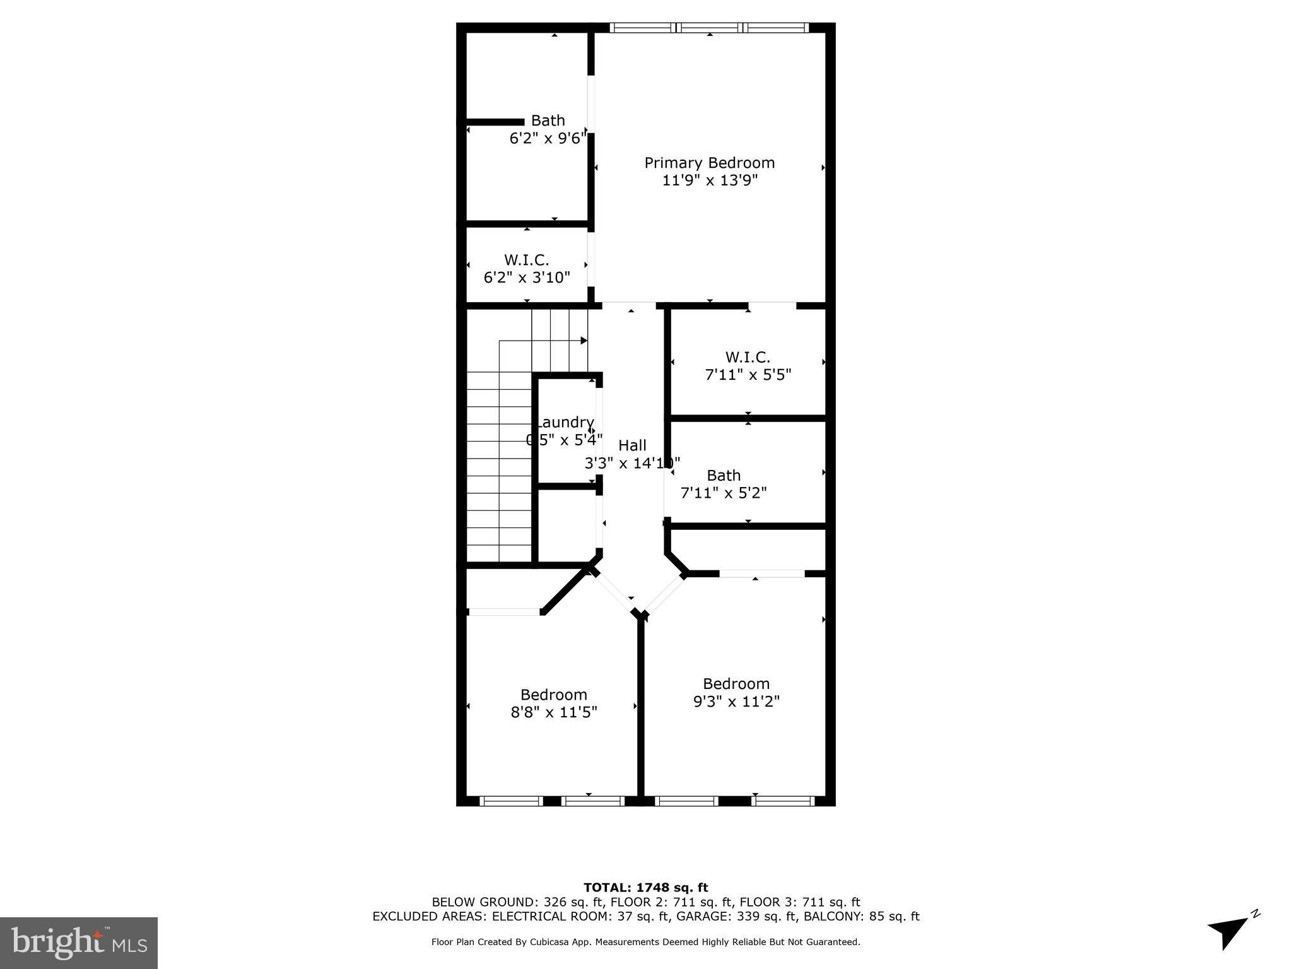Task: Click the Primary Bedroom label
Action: [x=709, y=163]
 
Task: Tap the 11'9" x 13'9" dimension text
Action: [x=709, y=180]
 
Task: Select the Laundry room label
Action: [x=565, y=422]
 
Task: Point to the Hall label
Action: [x=632, y=445]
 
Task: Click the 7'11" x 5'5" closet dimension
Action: [x=748, y=375]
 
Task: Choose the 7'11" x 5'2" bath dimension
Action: [x=724, y=493]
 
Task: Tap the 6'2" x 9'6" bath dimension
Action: [x=548, y=138]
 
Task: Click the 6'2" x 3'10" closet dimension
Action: [x=527, y=278]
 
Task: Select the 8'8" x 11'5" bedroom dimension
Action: [x=554, y=712]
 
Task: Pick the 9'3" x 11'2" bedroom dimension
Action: [x=736, y=702]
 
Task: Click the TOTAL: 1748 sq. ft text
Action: [x=645, y=888]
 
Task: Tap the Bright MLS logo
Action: [x=79, y=943]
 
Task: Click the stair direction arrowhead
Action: [x=584, y=341]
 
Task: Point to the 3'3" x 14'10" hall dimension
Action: [x=632, y=464]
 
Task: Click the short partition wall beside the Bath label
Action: [x=495, y=122]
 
